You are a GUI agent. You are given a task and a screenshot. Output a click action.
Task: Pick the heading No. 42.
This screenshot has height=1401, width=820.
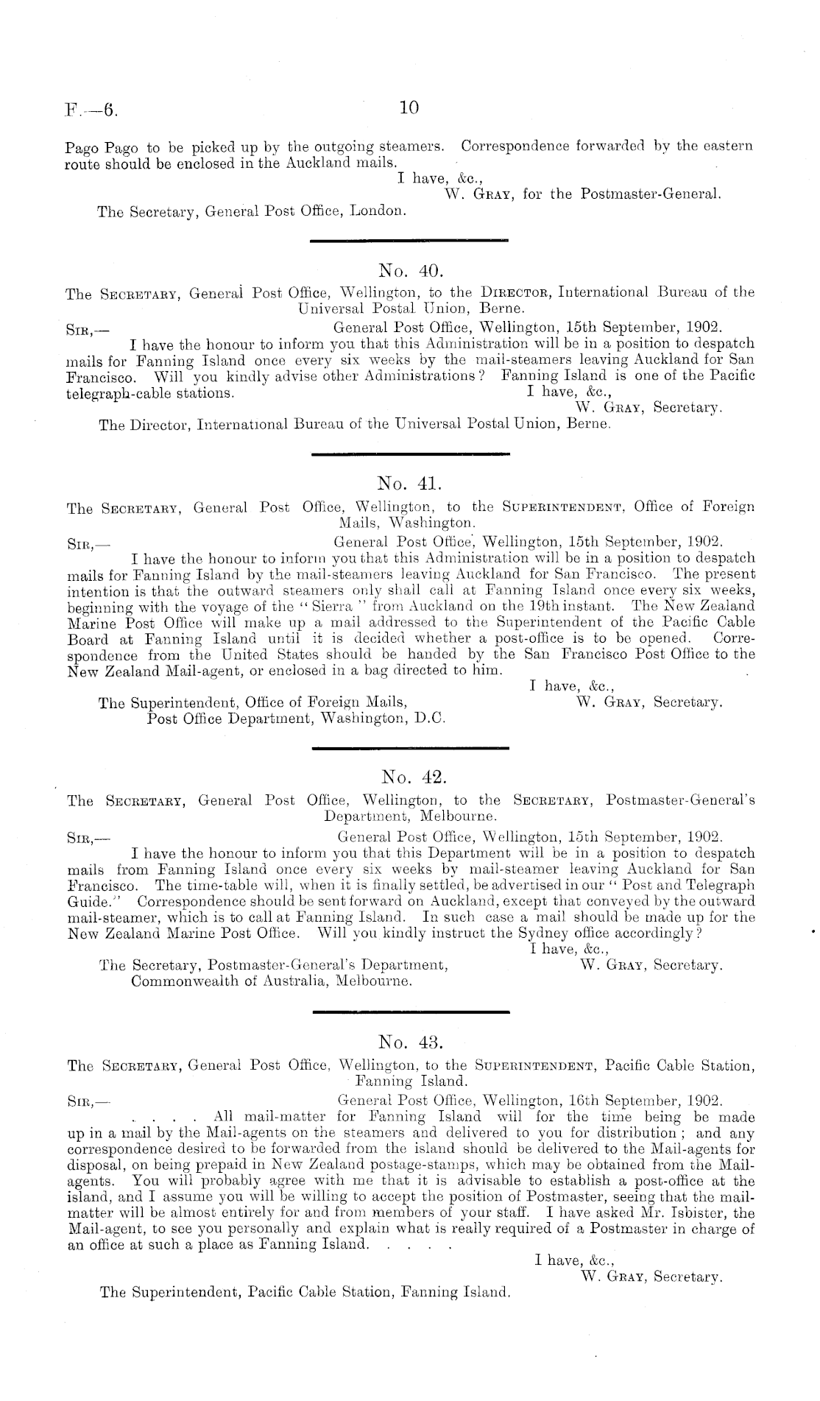tap(409, 777)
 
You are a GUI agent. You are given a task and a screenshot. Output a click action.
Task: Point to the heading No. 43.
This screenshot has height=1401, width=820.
tap(409, 1041)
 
